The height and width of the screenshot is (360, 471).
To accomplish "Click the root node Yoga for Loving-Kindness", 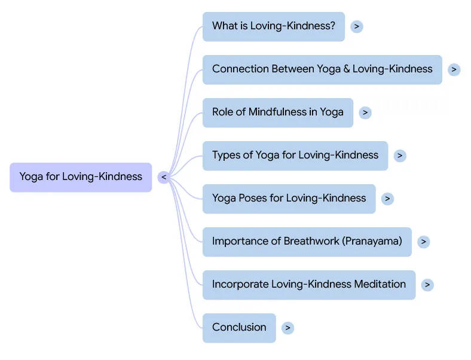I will pos(81,177).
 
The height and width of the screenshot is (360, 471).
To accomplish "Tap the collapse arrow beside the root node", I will pos(164,177).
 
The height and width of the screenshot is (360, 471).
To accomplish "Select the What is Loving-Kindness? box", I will pos(273,26).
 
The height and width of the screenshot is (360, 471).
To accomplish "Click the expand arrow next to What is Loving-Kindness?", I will pos(357,26).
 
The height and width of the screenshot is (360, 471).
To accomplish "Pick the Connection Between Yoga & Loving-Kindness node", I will pos(322,69).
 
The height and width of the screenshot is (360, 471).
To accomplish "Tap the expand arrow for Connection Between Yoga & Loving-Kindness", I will pos(454,69).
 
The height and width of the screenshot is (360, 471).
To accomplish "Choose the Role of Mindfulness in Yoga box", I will pos(277,112).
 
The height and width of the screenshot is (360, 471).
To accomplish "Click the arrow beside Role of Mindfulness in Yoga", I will pos(365,112).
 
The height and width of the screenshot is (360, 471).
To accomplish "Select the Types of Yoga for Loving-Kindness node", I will pos(295,155).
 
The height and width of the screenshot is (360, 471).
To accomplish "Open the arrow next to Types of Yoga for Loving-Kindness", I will pos(400,155).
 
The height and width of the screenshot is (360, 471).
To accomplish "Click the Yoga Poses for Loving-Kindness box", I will pos(289,199).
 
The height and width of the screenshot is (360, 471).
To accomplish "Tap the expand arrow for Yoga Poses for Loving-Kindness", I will pos(387,199).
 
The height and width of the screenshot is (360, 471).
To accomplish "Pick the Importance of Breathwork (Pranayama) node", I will pos(307,242).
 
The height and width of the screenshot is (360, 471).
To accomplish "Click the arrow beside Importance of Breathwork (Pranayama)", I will pos(423,242).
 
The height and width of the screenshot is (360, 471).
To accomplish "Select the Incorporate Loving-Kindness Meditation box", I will pos(308,285).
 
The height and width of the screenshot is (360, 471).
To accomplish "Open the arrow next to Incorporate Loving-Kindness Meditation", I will pos(427,285).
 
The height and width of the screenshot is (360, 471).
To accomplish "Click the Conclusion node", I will pos(239,328).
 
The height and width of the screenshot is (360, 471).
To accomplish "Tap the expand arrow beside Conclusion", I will pos(288,328).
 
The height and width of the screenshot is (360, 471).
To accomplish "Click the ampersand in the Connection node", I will pos(346,69).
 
